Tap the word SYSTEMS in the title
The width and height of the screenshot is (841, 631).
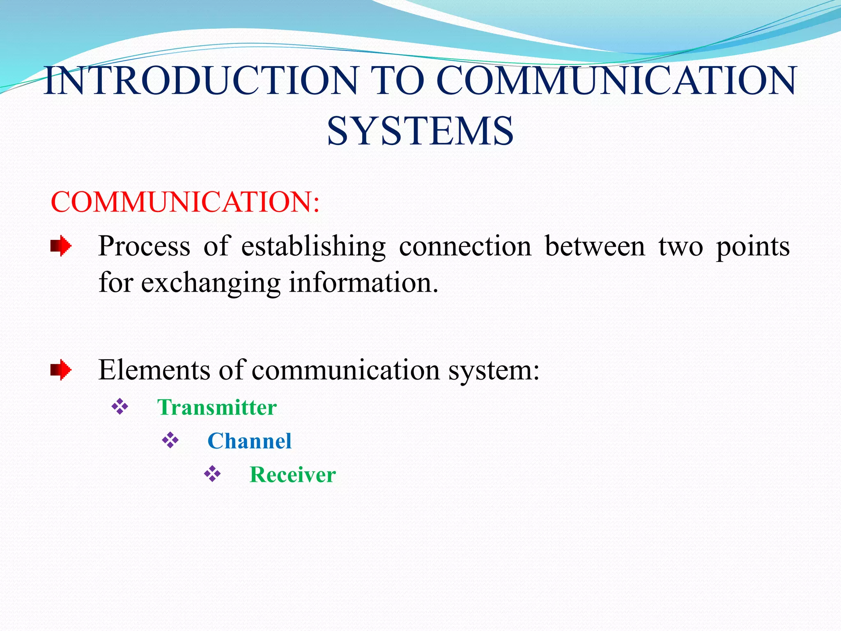point(420,131)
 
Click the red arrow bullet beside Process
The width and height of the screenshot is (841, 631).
point(61,246)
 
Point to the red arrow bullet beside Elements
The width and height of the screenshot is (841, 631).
point(61,370)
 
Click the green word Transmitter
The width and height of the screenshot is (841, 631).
point(217,408)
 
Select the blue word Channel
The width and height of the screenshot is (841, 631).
point(249,441)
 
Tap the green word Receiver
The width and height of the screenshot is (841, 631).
point(293,475)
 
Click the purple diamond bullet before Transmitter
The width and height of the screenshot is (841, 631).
point(120,407)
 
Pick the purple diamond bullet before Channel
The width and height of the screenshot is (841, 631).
point(170,440)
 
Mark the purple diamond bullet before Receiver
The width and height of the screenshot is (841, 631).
point(212,474)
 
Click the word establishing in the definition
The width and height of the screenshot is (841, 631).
point(313,247)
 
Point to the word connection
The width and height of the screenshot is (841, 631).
point(465,247)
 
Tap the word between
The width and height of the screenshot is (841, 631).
point(595,247)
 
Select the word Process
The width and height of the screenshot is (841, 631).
point(144,247)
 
